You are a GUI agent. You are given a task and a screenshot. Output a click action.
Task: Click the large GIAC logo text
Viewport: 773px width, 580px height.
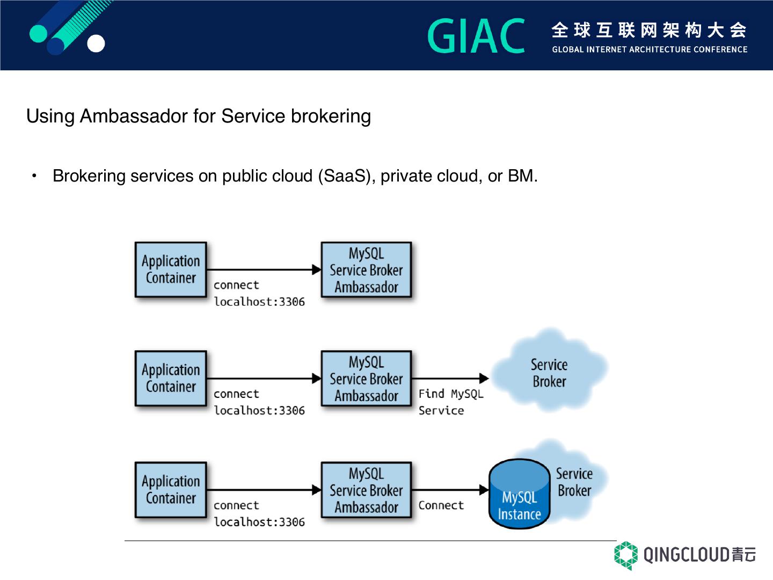[x=476, y=35]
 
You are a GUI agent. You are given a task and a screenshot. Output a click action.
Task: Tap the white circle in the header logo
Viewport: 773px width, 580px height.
[x=96, y=44]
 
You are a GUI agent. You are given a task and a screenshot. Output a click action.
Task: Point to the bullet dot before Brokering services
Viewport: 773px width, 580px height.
[x=34, y=176]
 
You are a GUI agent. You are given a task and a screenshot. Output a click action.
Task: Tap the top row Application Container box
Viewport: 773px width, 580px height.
[x=171, y=270]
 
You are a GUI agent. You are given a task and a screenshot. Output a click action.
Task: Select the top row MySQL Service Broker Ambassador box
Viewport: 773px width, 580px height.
[x=366, y=270]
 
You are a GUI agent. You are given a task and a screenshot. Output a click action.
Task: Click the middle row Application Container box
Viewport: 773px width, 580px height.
[x=171, y=378]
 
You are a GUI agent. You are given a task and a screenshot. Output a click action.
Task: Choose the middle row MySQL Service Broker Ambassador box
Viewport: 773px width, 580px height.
[x=366, y=378]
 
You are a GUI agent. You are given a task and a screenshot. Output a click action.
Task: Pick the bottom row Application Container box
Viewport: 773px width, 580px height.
[x=171, y=489]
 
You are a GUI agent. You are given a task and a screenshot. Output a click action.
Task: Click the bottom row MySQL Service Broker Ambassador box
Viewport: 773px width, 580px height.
[x=366, y=489]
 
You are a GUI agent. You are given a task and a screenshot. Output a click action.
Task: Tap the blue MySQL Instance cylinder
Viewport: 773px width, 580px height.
[x=520, y=494]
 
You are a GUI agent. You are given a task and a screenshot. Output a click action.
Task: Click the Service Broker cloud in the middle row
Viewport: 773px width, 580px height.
[x=549, y=371]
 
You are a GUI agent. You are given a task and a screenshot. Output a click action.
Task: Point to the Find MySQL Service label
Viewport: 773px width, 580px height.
[x=451, y=402]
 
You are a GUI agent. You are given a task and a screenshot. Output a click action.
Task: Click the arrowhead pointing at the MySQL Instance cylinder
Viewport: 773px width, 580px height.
[x=484, y=489]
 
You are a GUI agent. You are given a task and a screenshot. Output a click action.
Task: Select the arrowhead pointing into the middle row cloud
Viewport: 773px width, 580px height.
[x=484, y=378]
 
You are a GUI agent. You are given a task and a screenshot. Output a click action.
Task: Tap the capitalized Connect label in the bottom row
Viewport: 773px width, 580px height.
[x=441, y=505]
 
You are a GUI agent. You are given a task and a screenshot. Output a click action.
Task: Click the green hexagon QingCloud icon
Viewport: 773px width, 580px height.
[x=626, y=555]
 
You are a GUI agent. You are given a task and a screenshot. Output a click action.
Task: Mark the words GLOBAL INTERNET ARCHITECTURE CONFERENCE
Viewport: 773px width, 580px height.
[x=650, y=49]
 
